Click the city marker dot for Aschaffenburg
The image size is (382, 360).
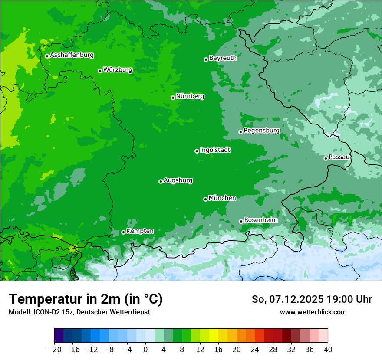47,56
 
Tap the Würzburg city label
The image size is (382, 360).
118,70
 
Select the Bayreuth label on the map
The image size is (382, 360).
223,58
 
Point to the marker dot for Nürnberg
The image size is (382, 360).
173,98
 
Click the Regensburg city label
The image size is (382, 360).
261,131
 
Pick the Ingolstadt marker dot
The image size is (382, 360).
197,151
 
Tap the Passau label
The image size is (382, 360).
339,157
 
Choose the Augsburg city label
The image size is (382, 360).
178,180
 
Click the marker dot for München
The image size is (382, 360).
205,199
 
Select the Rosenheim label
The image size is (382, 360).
260,220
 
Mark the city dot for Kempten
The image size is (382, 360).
123,232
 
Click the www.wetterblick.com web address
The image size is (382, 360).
313,312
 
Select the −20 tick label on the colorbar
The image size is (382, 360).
54,350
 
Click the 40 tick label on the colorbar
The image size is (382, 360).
328,350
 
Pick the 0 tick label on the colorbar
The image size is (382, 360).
145,350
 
